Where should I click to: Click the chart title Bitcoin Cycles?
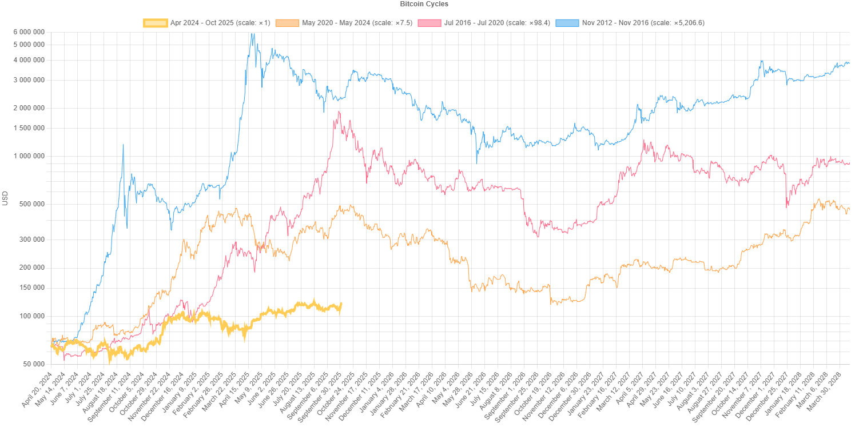(x=424, y=4)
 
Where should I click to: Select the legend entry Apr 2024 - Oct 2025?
(x=220, y=23)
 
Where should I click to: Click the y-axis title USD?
(x=6, y=198)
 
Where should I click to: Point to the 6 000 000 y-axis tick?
(x=29, y=32)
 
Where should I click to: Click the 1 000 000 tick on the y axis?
(x=29, y=156)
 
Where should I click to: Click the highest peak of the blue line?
(x=252, y=34)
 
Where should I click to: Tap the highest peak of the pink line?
(x=339, y=112)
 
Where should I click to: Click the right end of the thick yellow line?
(x=341, y=304)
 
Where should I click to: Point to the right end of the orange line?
(x=849, y=210)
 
